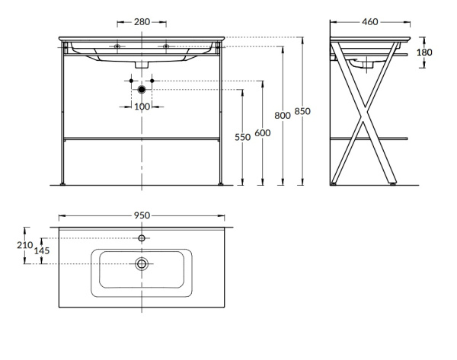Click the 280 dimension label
coord(142,22)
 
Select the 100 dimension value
coord(142,107)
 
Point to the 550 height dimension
coord(242,138)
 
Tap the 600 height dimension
coord(262,132)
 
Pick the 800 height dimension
coord(283,115)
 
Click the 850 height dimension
coord(302,111)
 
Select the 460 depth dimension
coord(370,22)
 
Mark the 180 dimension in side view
coord(425,53)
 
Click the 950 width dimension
coord(142,215)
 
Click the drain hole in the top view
coord(142,264)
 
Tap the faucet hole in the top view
coord(142,238)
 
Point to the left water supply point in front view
coord(131,80)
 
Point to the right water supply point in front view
coord(152,80)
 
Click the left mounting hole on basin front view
coord(117,46)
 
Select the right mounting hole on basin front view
coord(166,46)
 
